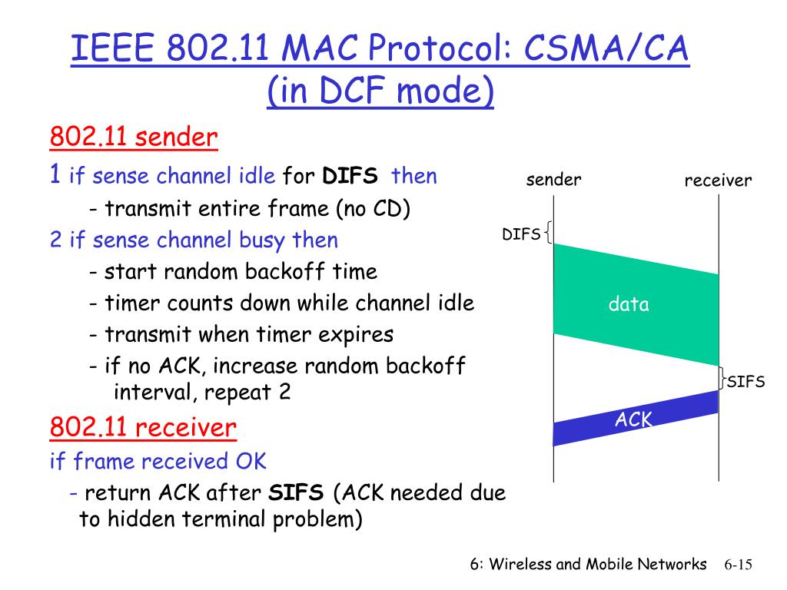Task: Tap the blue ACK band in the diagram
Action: coord(636,419)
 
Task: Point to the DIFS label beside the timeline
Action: coord(521,234)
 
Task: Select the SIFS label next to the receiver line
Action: coord(745,382)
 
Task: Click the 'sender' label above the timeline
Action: coord(553,180)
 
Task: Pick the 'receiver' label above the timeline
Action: coord(718,181)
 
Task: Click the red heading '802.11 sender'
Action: coord(134,138)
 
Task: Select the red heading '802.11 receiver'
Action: coord(143,427)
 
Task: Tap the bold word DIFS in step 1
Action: coord(350,176)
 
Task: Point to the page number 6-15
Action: coord(737,565)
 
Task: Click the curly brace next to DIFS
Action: coord(548,232)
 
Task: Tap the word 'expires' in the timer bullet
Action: coord(357,334)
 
